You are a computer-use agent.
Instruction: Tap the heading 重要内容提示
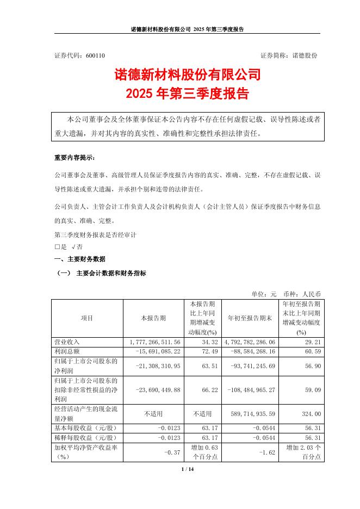coord(75,158)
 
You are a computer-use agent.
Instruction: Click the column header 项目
coord(87,318)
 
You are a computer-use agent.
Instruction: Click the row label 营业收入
coord(67,342)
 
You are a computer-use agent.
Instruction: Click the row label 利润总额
coord(67,351)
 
